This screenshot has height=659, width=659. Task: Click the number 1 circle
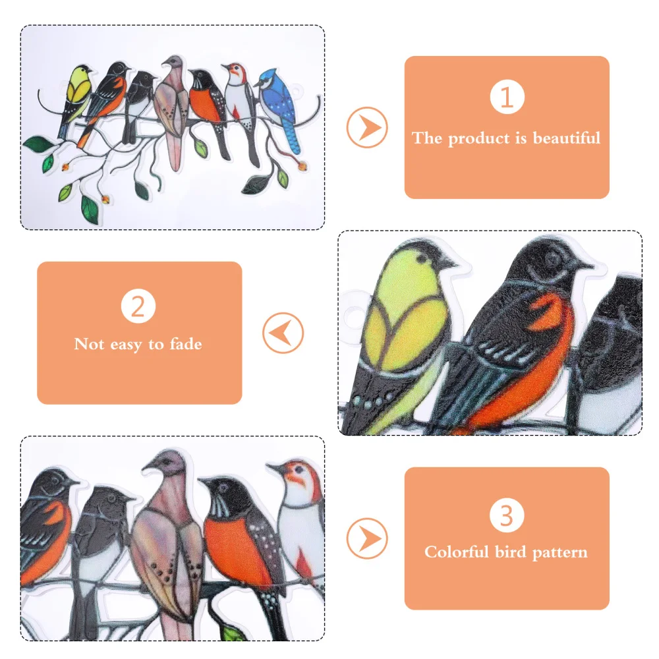coord(506,98)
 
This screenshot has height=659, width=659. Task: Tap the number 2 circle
coord(138,307)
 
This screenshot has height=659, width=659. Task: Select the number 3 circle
coord(506,515)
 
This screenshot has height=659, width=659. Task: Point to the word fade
coord(185,344)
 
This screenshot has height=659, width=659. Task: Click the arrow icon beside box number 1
coord(367,127)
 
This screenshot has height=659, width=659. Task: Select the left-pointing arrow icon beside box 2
coord(283,333)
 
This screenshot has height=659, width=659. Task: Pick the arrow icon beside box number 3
coord(367,538)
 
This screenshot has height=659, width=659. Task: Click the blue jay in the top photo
coord(280,102)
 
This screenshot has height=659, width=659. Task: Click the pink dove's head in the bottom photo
coord(165,465)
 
